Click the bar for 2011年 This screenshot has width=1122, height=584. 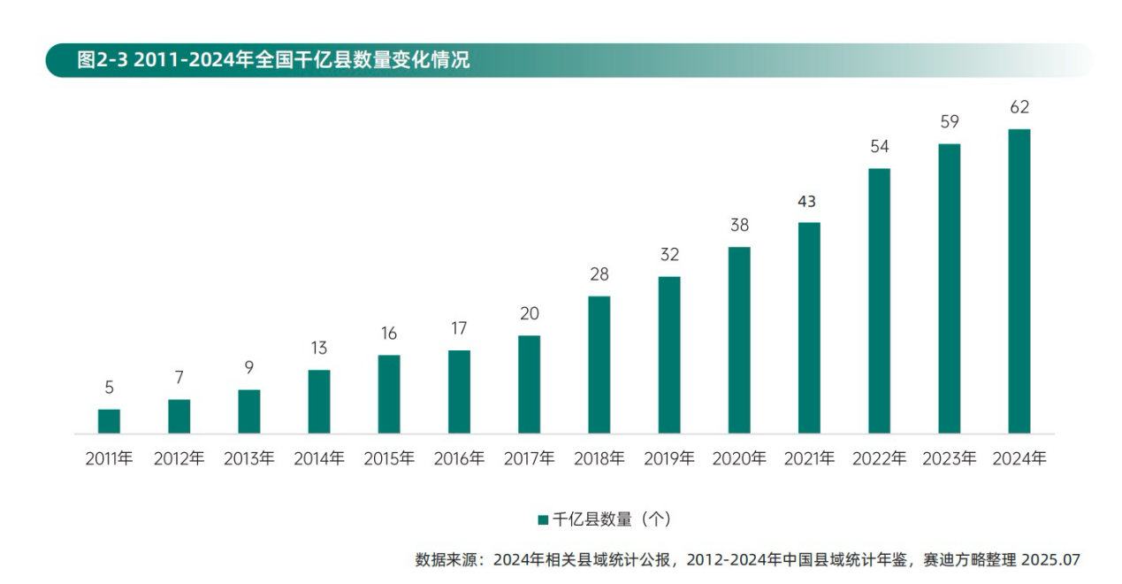[109, 421]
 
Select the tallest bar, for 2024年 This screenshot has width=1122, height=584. [1019, 281]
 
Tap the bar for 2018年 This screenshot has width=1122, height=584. [599, 365]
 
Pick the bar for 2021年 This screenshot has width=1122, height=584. [809, 327]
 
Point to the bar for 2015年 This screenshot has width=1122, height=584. [389, 394]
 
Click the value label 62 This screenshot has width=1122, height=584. [1019, 107]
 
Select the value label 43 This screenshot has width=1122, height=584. [806, 202]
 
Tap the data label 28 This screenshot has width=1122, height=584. [599, 274]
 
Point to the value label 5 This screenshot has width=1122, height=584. [109, 388]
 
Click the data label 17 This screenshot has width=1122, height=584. [459, 328]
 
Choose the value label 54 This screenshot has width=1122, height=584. [879, 147]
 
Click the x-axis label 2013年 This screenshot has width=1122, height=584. [248, 459]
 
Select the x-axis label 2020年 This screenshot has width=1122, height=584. [739, 459]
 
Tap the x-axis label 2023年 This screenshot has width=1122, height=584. [949, 459]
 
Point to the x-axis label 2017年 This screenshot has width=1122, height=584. [529, 459]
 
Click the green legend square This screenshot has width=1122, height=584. [543, 519]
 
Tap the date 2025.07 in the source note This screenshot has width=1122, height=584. [1050, 560]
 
